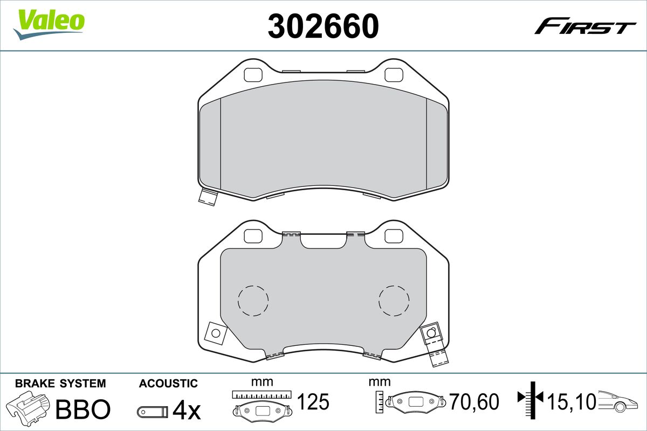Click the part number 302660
323,25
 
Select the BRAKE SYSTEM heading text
60,384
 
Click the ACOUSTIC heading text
168,384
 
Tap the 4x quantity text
186,411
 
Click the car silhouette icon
620,401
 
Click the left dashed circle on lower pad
253,300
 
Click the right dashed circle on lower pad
394,300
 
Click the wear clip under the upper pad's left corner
207,197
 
